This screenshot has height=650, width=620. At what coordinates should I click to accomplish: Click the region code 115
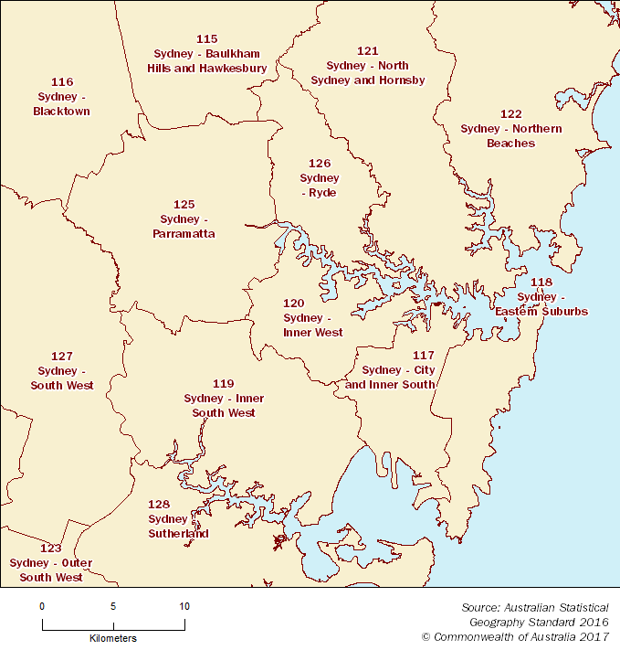207,38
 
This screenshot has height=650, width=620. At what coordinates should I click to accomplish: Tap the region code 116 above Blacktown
62,81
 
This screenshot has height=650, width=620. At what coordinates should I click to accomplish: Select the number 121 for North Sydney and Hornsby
367,50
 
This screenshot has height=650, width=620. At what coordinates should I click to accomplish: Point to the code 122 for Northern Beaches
511,113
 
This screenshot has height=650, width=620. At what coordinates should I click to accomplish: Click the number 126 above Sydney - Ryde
320,163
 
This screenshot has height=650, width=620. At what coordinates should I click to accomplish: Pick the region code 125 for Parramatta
184,204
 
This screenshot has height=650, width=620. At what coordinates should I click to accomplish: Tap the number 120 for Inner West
294,303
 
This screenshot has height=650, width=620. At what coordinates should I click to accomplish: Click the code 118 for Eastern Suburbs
541,282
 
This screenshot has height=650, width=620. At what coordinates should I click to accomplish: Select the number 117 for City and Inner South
424,355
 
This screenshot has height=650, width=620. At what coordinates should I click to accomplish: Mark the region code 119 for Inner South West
224,383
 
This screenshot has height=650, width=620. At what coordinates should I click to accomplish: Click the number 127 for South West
62,356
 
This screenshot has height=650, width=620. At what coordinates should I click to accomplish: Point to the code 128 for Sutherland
159,504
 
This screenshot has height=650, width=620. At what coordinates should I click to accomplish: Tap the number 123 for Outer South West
50,548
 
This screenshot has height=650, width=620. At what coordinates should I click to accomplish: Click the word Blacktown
61,112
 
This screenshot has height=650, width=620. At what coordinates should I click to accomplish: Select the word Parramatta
184,234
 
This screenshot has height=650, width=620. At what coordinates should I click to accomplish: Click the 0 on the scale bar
42,606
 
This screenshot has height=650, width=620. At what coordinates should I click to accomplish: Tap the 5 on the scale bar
113,606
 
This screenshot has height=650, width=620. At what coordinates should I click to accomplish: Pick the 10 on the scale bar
184,606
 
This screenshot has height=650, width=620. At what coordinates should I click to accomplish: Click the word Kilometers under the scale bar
113,638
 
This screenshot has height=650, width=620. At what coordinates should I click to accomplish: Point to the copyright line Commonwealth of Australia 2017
515,636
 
